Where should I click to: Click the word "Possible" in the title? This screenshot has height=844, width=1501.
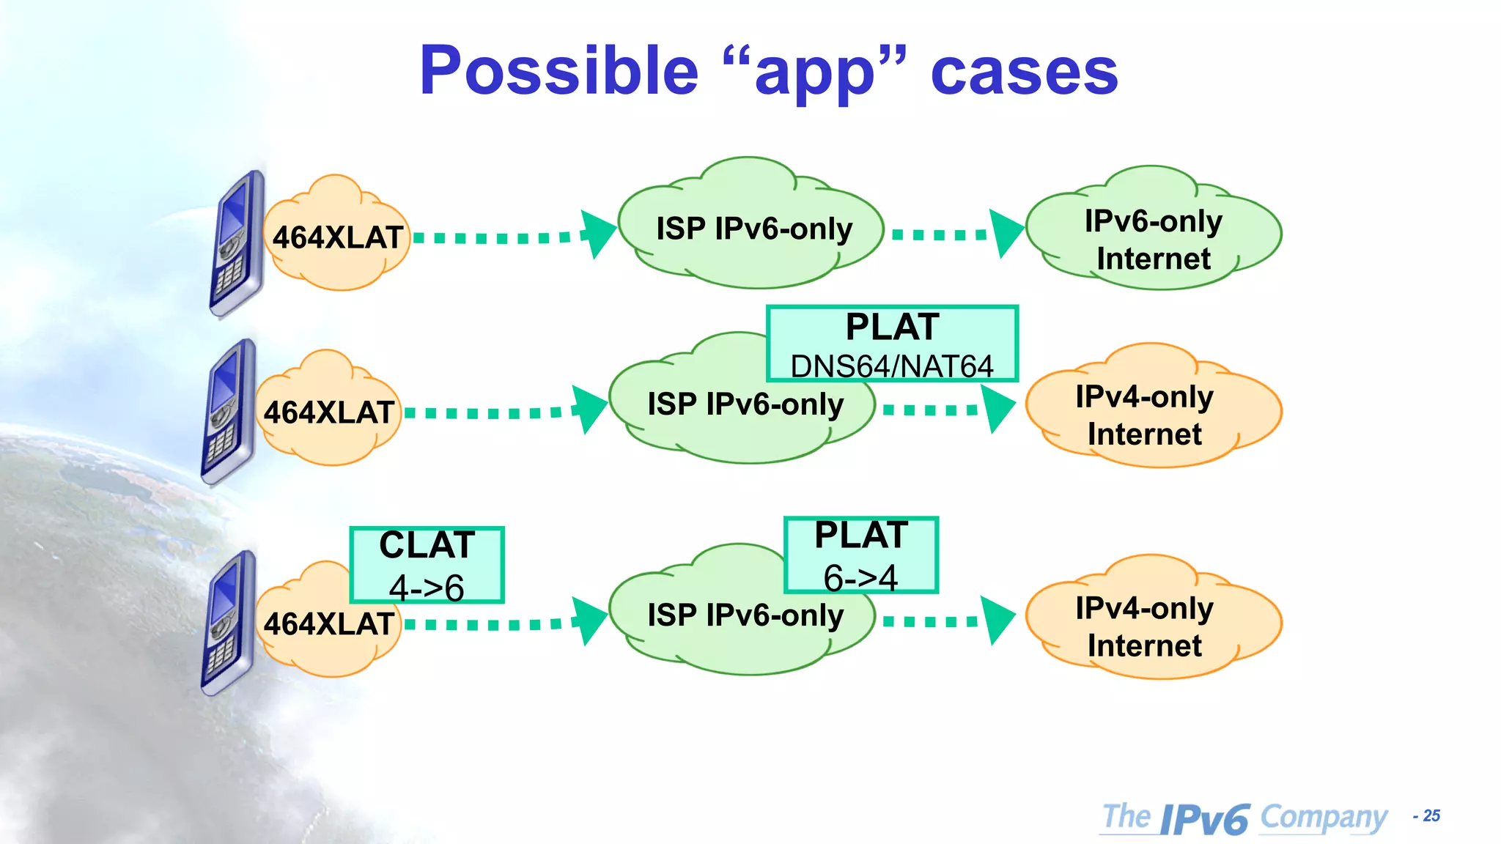pos(558,71)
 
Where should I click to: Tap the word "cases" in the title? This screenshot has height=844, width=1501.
pos(1024,73)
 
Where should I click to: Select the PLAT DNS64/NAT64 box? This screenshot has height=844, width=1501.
pos(892,344)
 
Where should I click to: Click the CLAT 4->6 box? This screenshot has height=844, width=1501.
pos(427,564)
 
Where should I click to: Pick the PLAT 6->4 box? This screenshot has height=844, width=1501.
pos(861,555)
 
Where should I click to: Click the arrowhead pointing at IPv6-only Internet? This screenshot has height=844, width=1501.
pos(1006,233)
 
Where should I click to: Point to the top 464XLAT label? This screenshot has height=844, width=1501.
pos(337,237)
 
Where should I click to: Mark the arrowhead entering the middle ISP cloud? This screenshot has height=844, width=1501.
pos(589,410)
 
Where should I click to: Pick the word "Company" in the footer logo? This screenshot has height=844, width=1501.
pos(1323,817)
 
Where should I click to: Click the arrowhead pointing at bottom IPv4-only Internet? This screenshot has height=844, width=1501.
pos(997,621)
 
